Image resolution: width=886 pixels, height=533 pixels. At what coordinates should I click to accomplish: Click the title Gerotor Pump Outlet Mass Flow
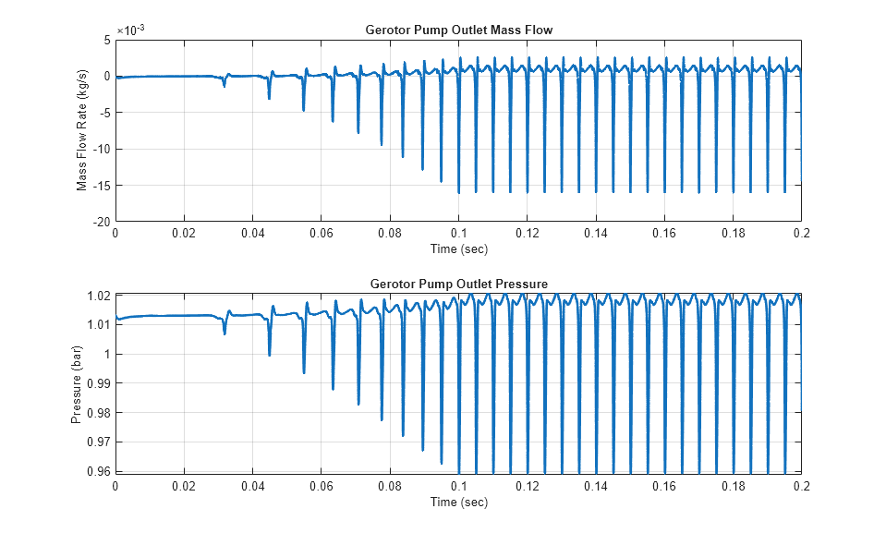click(458, 30)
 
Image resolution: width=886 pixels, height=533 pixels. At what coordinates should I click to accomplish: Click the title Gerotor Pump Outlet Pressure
click(458, 284)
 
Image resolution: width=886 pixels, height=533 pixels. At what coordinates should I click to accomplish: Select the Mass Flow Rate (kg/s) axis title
click(81, 130)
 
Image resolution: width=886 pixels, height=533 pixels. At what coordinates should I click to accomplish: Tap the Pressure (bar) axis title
click(77, 382)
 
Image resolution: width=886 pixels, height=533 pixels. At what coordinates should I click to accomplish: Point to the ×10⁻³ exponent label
click(129, 30)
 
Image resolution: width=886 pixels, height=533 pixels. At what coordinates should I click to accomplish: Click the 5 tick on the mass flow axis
click(107, 40)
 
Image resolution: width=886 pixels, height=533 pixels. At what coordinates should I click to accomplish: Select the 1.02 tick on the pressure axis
click(99, 296)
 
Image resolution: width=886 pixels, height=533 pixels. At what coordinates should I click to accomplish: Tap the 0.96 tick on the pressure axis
click(99, 471)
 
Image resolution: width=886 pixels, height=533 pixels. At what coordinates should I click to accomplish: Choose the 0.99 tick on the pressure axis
click(99, 383)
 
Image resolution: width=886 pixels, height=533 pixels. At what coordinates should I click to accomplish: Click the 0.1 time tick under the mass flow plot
click(458, 235)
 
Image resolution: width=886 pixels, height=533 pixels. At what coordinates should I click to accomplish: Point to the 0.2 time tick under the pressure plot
click(801, 487)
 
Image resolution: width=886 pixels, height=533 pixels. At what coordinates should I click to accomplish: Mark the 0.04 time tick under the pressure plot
click(252, 487)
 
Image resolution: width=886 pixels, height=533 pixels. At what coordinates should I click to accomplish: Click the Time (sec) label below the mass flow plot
click(458, 248)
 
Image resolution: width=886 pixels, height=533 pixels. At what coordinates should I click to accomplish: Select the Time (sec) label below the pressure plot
click(458, 502)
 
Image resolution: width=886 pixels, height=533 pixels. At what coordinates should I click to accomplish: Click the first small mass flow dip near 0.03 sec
click(224, 86)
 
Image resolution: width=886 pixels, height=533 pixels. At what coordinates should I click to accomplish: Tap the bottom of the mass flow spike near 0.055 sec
click(303, 110)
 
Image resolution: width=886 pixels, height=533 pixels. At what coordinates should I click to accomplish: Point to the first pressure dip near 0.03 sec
click(225, 333)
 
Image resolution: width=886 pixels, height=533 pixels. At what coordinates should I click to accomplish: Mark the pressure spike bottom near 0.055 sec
click(304, 373)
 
